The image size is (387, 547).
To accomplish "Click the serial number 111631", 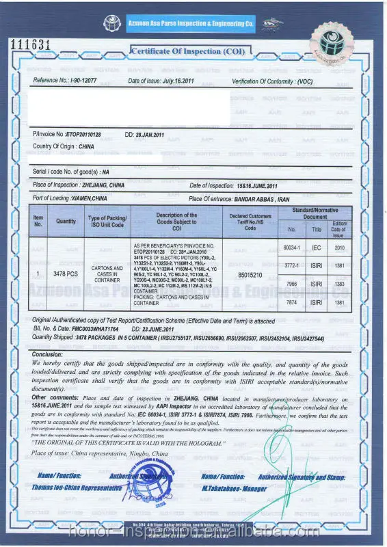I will pos(31,45).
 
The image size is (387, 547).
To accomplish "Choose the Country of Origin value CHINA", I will pos(86,146).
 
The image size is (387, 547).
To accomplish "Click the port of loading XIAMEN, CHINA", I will pos(90,198).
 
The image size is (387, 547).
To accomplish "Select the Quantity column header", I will pos(66,221).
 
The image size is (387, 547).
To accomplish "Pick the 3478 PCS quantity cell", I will pos(66,273).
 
